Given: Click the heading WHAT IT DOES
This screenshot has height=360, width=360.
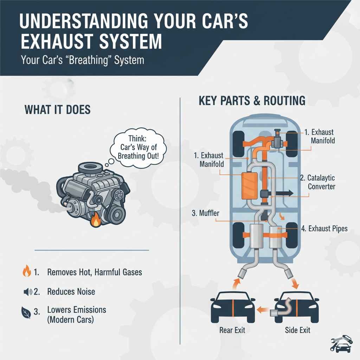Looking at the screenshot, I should pyautogui.click(x=58, y=110).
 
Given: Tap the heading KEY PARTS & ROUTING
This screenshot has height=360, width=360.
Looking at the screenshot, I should pyautogui.click(x=252, y=101).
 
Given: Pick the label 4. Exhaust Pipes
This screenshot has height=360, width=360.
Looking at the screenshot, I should pyautogui.click(x=324, y=229).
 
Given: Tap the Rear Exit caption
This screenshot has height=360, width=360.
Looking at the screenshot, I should pyautogui.click(x=232, y=330).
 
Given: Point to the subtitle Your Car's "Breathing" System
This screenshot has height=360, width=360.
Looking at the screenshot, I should pyautogui.click(x=82, y=59).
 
